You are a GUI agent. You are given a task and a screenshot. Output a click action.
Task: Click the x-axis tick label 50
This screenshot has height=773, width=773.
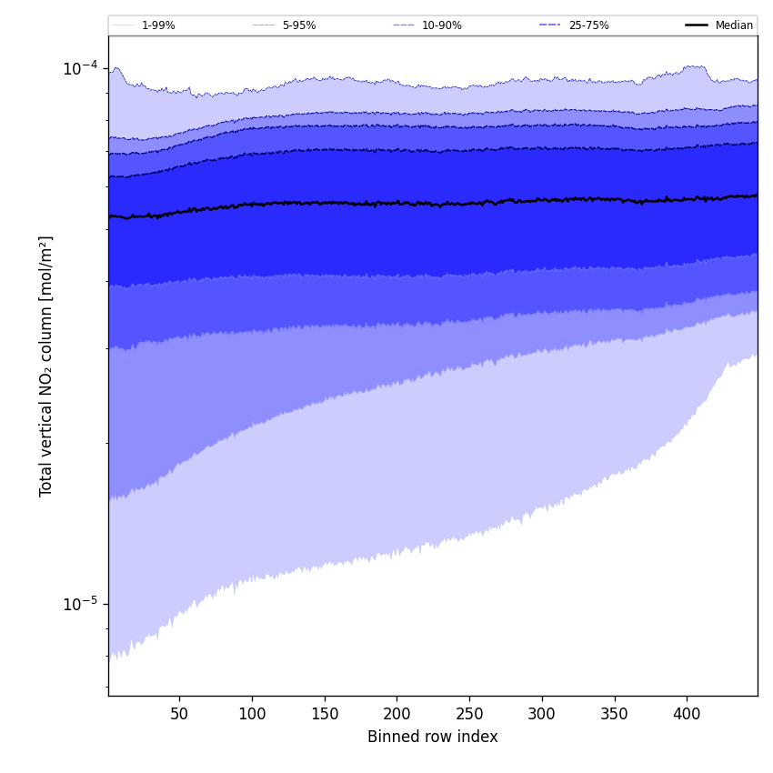tap(179, 714)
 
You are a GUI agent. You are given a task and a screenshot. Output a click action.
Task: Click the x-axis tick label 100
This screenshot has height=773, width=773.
tap(252, 714)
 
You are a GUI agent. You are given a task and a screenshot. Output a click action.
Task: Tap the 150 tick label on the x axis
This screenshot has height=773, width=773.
tap(324, 714)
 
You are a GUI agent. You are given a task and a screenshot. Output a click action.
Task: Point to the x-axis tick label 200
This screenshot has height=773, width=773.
tap(397, 714)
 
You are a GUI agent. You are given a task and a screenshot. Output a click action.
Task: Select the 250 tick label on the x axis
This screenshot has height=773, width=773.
tap(469, 714)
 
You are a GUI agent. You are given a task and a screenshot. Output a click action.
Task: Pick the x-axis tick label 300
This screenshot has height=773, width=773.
tap(542, 714)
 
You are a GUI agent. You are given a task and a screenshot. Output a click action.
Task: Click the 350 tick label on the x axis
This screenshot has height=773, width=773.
tap(614, 714)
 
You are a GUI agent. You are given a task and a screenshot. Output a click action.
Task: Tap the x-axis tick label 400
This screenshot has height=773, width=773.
tap(687, 714)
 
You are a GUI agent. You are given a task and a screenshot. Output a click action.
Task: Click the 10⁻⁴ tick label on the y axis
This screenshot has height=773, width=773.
tap(80, 68)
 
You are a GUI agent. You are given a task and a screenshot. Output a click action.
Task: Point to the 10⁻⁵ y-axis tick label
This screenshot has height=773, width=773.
tap(80, 605)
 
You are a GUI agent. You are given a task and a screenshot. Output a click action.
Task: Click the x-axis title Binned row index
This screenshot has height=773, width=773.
tap(433, 737)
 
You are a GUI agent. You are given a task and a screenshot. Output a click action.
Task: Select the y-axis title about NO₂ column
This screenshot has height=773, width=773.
tap(46, 366)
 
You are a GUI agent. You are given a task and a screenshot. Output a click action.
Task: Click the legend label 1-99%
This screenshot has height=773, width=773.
tap(158, 25)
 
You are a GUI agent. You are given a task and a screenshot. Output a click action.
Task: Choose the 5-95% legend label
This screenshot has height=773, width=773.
tap(299, 25)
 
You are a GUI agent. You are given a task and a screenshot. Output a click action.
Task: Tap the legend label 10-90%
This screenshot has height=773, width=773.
tap(442, 25)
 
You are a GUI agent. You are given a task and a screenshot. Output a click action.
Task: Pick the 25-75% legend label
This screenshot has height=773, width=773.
tap(588, 25)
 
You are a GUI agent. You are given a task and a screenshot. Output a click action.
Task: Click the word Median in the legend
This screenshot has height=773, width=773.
tap(734, 25)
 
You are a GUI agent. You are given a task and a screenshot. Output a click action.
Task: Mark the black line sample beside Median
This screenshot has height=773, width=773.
tap(697, 25)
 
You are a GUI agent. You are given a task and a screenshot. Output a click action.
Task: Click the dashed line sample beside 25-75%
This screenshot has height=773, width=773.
tap(550, 25)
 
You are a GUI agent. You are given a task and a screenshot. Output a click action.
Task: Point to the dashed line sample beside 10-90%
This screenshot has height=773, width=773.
tap(404, 25)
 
